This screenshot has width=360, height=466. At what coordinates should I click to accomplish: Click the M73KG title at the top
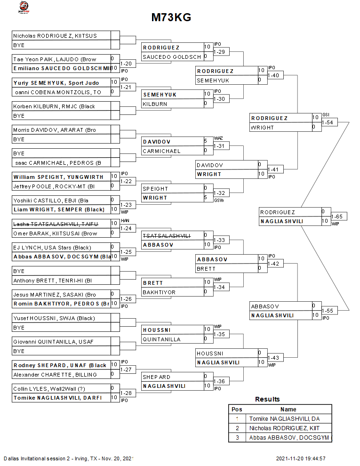tap(171, 18)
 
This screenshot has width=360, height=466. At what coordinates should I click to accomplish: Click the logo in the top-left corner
tap(23, 8)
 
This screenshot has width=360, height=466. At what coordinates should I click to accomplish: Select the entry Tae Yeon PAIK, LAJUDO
tap(55, 59)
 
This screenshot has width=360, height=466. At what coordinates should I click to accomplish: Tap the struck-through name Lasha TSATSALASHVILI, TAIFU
tap(56, 224)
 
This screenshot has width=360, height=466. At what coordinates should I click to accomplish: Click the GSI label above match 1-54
tap(326, 115)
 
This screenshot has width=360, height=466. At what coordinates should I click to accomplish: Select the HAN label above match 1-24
tap(124, 221)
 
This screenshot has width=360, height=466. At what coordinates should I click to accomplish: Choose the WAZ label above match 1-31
tap(218, 138)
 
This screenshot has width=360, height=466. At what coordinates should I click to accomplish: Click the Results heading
tap(267, 399)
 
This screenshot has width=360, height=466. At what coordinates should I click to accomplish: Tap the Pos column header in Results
tap(237, 410)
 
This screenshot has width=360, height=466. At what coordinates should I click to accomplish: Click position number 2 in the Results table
tap(237, 428)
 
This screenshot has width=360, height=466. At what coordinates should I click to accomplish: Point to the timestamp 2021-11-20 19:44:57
tap(301, 458)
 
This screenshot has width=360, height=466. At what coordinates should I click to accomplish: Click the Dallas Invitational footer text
tap(69, 458)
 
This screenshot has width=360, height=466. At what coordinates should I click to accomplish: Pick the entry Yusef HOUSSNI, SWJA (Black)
tap(54, 318)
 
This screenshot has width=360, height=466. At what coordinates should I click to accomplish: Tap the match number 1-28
tap(126, 393)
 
